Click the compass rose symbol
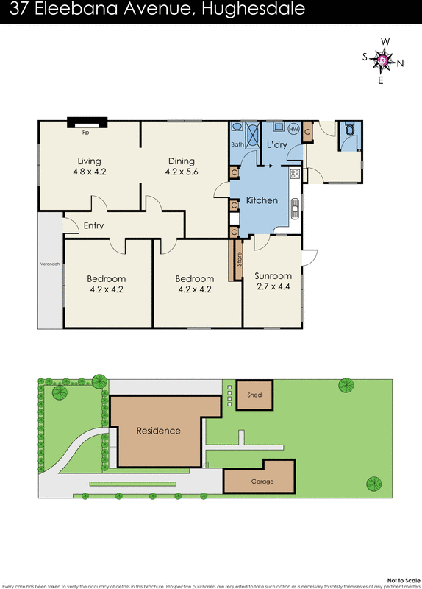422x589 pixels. (x=381, y=60)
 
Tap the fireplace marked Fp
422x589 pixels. (x=86, y=124)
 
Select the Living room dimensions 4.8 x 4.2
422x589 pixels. (x=89, y=172)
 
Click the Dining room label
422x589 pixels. (x=181, y=161)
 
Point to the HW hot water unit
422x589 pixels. (x=293, y=130)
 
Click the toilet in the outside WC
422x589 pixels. (x=350, y=130)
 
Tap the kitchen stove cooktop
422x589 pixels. (x=294, y=174)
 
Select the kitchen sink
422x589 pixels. (x=294, y=211)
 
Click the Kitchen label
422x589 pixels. (x=261, y=200)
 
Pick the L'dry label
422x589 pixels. (x=276, y=144)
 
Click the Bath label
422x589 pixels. (x=237, y=144)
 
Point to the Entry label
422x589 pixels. (x=93, y=226)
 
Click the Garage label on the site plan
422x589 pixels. (x=262, y=482)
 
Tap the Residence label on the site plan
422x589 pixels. (x=158, y=431)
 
